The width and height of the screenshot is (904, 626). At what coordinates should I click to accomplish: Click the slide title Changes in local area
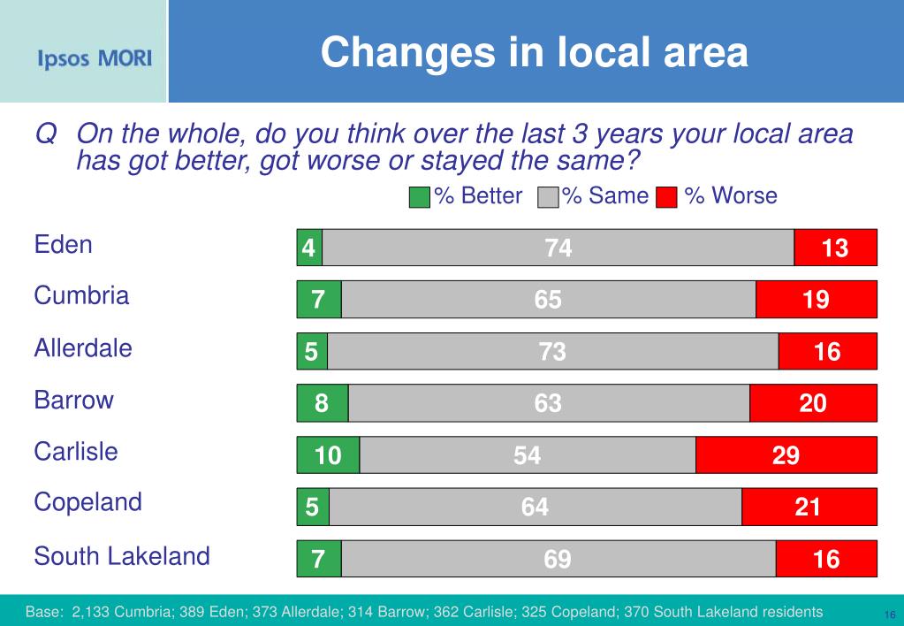tap(534, 52)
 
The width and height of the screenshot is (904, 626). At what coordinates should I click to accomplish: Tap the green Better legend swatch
tap(420, 197)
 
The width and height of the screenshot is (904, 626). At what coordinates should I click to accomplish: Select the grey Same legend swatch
tap(548, 197)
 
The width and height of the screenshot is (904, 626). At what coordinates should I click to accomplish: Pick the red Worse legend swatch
tap(667, 197)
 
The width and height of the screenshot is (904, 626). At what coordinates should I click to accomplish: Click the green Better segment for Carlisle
tap(328, 455)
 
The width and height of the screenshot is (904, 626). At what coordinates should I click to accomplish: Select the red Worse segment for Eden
tap(835, 248)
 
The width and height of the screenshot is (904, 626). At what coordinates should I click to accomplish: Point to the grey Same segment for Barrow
tap(548, 404)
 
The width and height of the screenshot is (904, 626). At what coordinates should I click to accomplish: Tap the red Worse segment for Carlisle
tap(786, 455)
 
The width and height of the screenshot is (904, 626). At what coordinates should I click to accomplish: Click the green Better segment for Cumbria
tap(318, 300)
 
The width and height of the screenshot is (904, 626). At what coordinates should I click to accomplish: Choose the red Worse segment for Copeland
tap(809, 508)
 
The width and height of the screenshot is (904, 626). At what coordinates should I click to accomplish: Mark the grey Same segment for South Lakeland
tap(558, 560)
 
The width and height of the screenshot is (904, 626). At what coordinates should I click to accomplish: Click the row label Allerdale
tap(83, 348)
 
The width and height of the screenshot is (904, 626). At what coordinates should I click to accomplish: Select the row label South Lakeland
tap(122, 557)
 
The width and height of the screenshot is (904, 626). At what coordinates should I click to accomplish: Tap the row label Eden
tap(63, 245)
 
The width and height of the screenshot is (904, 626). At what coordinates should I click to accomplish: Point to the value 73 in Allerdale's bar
tap(552, 352)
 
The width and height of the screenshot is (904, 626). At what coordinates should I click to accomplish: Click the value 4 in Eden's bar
tap(308, 248)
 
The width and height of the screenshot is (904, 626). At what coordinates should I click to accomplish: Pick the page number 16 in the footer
tap(889, 615)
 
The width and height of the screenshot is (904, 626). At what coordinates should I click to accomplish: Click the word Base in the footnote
tap(43, 612)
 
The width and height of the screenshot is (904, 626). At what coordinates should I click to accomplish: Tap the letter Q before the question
tap(46, 134)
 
